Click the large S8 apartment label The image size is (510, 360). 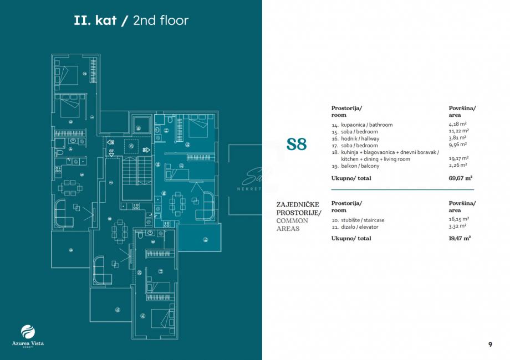[297, 145]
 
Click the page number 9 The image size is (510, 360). [490, 344]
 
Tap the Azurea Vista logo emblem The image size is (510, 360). [28, 331]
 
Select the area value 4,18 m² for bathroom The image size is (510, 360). [457, 125]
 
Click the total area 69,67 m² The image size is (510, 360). [460, 178]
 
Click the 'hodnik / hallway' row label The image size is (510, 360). [360, 138]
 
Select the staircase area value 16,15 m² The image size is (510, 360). [458, 220]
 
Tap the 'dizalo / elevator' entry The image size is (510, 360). [361, 227]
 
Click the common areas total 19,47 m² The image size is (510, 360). [460, 238]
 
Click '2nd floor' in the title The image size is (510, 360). [161, 21]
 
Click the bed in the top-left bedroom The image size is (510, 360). [68, 74]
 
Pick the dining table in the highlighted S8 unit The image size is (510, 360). [177, 204]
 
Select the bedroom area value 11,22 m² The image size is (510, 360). [458, 132]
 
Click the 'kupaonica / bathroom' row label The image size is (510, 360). [366, 125]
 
